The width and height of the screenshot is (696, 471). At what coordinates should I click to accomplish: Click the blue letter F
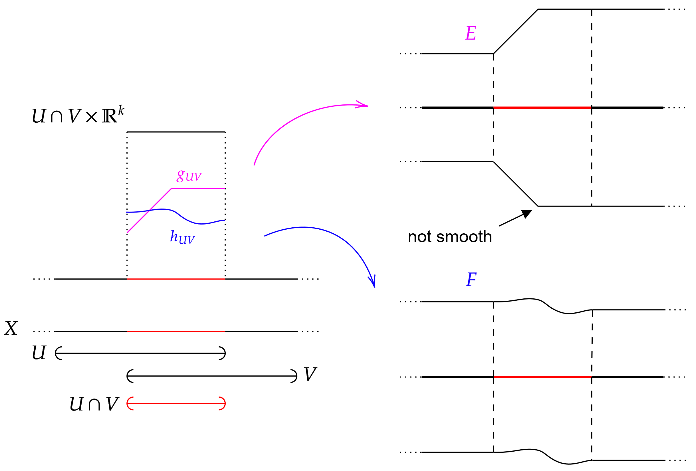pos(471,279)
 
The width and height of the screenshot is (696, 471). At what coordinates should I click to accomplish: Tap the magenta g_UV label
pos(189,176)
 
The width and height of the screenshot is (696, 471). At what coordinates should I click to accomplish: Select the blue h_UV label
pos(182,237)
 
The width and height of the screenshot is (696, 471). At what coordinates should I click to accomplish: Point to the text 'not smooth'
pos(449,237)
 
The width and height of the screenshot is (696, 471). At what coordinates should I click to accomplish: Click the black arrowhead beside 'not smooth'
pos(526,214)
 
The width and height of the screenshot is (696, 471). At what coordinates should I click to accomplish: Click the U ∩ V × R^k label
pos(78,115)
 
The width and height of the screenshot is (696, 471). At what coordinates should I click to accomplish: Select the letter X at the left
pos(11,328)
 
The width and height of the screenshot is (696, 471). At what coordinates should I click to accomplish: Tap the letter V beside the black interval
pos(310,374)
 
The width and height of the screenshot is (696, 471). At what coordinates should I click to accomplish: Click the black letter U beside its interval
pos(39,352)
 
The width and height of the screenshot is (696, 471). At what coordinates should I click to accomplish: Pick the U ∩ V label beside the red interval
pos(94,404)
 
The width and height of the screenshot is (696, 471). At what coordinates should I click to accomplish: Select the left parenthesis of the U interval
pos(58,353)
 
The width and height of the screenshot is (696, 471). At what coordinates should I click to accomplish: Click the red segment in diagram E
pos(542,108)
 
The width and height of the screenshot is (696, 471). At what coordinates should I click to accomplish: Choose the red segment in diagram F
pos(542,377)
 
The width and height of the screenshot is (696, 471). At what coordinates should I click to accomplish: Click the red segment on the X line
pos(176,331)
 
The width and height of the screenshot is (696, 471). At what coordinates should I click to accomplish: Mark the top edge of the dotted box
pos(176,132)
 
